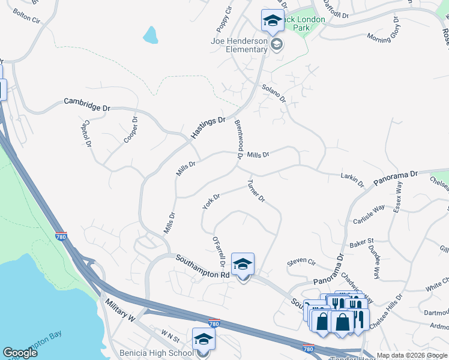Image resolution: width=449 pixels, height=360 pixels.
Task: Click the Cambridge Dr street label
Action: pyautogui.click(x=87, y=104)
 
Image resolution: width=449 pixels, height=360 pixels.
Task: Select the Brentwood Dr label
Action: pyautogui.click(x=238, y=139)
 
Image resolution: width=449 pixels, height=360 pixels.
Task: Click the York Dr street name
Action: pyautogui.click(x=211, y=201)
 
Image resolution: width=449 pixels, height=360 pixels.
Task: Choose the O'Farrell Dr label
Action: pyautogui.click(x=218, y=251)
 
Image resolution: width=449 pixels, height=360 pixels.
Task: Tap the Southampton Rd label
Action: pyautogui.click(x=203, y=266)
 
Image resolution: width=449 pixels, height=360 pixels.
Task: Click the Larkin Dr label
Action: pyautogui.click(x=352, y=179)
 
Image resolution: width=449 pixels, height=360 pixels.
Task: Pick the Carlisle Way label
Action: pyautogui.click(x=369, y=213)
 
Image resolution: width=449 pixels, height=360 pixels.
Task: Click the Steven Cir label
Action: pyautogui.click(x=301, y=262)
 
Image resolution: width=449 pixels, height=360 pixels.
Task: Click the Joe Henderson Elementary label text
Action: pyautogui.click(x=239, y=45)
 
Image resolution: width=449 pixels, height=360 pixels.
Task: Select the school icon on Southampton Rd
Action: pyautogui.click(x=243, y=264)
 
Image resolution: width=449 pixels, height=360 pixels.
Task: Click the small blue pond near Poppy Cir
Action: pyautogui.click(x=150, y=35)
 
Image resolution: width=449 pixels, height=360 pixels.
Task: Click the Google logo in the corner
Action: pyautogui.click(x=20, y=353)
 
